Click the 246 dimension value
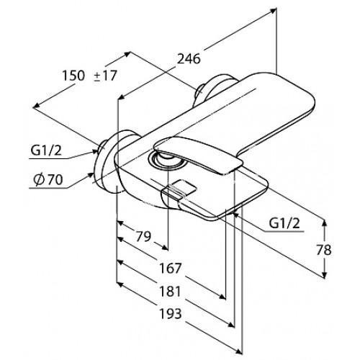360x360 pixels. point(189,59)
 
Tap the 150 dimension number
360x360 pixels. point(73,76)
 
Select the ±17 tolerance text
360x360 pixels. point(105,76)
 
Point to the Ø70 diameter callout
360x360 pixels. point(48,179)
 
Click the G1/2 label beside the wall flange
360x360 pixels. point(46,150)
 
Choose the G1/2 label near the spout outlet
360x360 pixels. point(284,223)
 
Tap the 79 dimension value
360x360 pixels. point(143,236)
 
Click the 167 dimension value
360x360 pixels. point(170,268)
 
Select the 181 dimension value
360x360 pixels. point(170,291)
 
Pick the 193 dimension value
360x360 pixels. point(171,313)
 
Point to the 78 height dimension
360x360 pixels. point(324,250)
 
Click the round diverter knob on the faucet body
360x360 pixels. point(166,159)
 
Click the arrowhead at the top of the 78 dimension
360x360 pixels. point(324,223)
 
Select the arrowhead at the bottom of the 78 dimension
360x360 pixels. point(324,275)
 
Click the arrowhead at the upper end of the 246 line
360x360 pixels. point(273,11)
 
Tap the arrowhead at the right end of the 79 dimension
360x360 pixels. point(165,248)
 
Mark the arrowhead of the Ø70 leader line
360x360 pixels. point(91,175)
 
